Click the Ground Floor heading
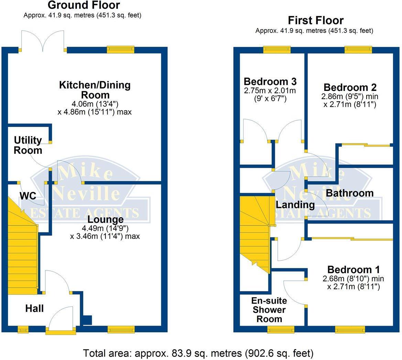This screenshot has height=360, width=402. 84,5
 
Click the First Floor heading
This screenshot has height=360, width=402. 315,21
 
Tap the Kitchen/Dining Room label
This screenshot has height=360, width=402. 95,90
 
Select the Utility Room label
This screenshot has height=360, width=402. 28,145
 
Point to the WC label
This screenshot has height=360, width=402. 28,196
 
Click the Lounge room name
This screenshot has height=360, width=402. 105,219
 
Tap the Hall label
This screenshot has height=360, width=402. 34,309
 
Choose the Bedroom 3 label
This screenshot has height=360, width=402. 270,82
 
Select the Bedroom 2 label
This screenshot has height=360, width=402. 350,87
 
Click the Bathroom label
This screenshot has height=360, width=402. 349,193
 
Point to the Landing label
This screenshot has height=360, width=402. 295,205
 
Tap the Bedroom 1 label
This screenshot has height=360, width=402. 353,269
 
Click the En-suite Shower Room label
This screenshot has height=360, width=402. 269,310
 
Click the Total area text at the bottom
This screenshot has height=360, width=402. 198,353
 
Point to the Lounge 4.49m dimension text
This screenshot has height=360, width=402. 105,228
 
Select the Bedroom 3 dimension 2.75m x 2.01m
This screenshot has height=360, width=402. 270,91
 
